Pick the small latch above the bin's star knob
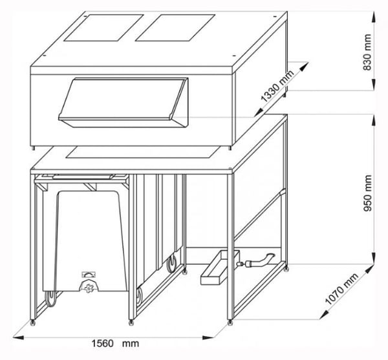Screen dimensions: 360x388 (89, 274)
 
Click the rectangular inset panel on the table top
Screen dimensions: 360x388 (139, 153)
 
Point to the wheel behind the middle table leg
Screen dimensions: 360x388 (172, 264)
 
